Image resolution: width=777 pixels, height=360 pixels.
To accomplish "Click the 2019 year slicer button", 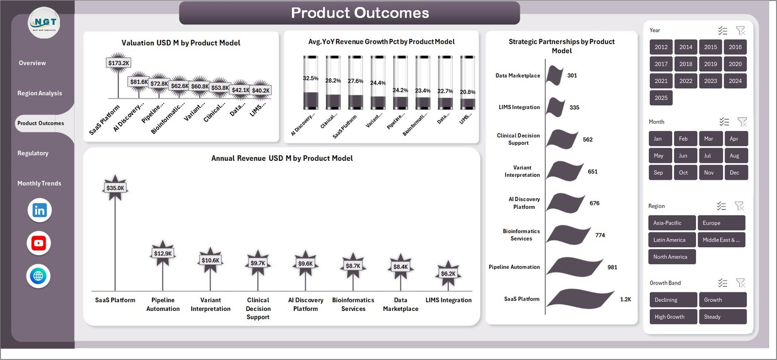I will click(710, 64).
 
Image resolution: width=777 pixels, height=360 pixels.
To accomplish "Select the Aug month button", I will click(734, 156).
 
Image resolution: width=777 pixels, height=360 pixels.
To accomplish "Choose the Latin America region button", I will click(672, 240).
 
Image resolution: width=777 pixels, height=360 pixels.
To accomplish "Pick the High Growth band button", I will click(672, 317).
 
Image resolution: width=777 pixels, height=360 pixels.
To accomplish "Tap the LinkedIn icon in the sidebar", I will click(39, 210).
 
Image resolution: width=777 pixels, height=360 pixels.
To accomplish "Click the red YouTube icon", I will click(39, 243).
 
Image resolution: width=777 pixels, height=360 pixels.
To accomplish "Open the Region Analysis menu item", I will click(40, 93).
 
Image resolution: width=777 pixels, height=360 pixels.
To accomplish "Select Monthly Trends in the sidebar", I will click(39, 184).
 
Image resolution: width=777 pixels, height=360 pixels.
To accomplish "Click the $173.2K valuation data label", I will click(118, 63).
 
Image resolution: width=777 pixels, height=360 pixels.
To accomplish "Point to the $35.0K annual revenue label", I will click(115, 188).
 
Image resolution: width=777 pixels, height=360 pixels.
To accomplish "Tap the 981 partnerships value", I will click(612, 267).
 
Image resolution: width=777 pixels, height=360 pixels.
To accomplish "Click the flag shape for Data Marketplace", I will click(555, 75).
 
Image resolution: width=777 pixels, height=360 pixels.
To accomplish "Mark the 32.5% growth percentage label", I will click(311, 78).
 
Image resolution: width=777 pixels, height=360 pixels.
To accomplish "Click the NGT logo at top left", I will click(44, 23).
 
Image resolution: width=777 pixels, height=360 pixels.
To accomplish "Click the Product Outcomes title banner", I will click(350, 13).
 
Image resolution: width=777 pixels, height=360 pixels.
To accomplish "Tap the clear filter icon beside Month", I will click(742, 121).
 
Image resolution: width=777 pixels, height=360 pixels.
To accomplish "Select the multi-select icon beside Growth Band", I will click(723, 283).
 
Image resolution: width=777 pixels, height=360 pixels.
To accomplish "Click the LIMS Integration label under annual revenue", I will click(448, 300).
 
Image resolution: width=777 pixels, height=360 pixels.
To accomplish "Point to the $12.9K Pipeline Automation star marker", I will click(163, 253).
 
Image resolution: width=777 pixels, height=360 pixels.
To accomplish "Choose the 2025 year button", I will click(661, 98).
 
